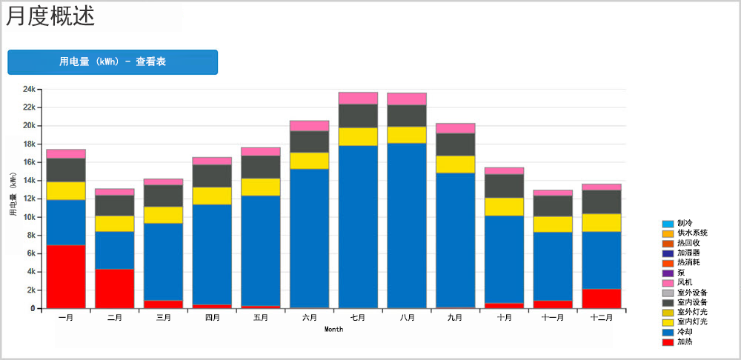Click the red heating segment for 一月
click(66, 276)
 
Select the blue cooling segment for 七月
click(358, 226)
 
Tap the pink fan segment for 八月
click(407, 99)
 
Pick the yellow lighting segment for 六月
click(310, 161)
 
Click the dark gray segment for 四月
click(212, 176)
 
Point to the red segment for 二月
click(115, 288)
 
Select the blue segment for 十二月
click(602, 260)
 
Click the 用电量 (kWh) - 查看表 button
click(113, 62)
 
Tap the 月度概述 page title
click(50, 16)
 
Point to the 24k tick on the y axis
click(29, 89)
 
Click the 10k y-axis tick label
click(29, 217)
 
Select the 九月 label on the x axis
click(456, 318)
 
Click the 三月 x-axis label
click(163, 318)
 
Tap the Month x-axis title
click(333, 330)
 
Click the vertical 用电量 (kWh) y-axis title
click(13, 194)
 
